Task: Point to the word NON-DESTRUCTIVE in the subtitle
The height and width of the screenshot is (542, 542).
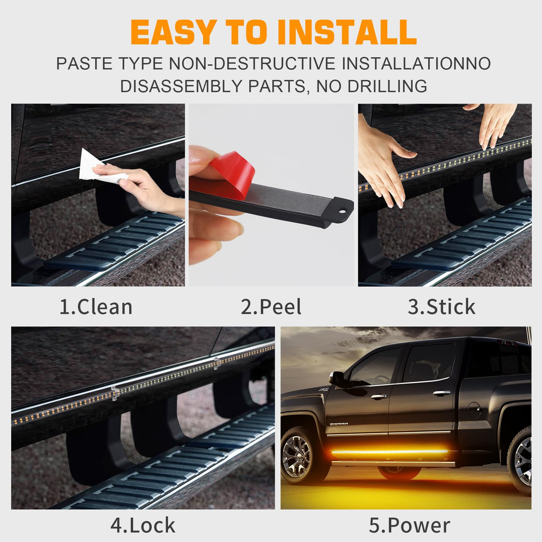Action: pyautogui.click(x=252, y=63)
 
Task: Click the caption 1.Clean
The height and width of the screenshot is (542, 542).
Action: pyautogui.click(x=96, y=307)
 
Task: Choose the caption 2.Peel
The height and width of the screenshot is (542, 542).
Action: pyautogui.click(x=271, y=307)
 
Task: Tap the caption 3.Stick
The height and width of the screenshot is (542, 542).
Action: pyautogui.click(x=441, y=307)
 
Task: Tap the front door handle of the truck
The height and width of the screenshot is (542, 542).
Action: pyautogui.click(x=378, y=396)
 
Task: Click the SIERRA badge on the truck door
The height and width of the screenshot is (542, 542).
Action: pyautogui.click(x=339, y=424)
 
